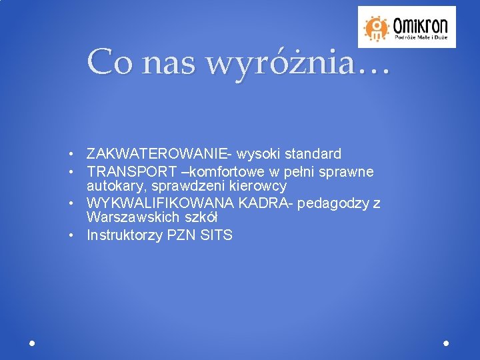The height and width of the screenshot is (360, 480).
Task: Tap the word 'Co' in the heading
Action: [109, 62]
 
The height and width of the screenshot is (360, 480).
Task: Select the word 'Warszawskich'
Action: [129, 218]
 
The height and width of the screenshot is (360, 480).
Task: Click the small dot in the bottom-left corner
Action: [32, 343]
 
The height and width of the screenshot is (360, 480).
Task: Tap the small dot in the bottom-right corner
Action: [446, 343]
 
